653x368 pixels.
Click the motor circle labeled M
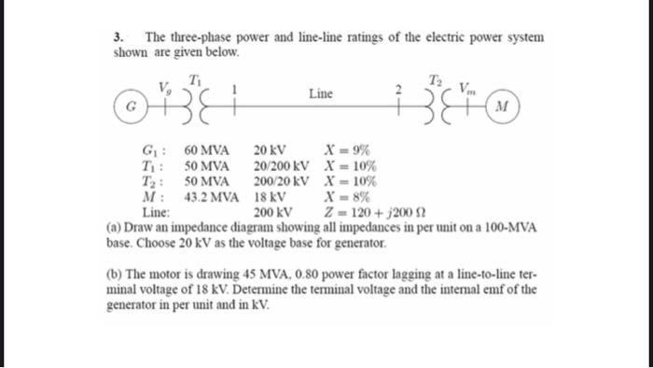tap(502, 105)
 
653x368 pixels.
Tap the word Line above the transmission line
tap(319, 93)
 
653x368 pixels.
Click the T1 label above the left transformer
tap(194, 78)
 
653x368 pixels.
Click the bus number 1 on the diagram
tap(234, 91)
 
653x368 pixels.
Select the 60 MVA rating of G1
tap(206, 149)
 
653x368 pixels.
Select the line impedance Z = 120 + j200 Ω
tap(368, 212)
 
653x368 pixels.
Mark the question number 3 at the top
tap(118, 37)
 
